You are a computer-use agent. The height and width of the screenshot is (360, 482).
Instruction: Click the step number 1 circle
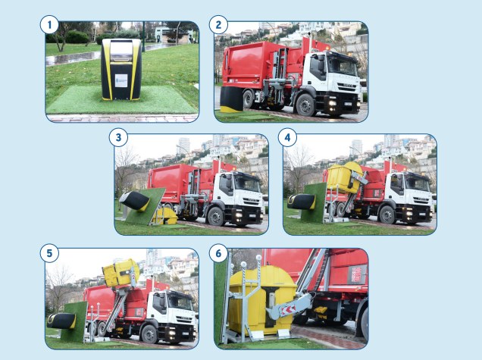tap(49, 24)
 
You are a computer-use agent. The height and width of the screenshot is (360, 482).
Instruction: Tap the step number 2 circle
tap(218, 24)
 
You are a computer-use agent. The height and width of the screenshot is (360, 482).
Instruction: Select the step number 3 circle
tap(118, 137)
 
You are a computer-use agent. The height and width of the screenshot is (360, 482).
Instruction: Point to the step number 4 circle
tap(287, 137)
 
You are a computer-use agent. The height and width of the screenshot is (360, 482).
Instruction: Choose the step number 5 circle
tap(49, 253)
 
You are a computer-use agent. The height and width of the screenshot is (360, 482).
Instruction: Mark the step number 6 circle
tap(218, 253)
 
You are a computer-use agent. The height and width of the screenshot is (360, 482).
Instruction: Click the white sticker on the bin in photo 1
tap(121, 80)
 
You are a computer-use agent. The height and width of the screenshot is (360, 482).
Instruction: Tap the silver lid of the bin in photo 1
tap(121, 51)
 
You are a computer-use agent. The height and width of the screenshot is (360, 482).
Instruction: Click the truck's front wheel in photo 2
tap(305, 105)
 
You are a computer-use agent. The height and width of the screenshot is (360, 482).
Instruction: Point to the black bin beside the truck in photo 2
tap(231, 99)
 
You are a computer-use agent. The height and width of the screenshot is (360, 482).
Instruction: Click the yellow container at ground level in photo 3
tap(166, 216)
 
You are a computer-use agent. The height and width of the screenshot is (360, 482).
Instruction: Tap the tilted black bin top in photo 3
tap(134, 201)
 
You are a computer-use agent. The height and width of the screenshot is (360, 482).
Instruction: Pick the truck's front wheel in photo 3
tap(216, 217)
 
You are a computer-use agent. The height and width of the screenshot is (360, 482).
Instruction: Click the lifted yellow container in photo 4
tap(345, 177)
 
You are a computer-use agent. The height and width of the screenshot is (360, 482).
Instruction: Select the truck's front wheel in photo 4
tap(387, 214)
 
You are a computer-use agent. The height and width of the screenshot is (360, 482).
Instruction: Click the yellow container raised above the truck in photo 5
tap(121, 272)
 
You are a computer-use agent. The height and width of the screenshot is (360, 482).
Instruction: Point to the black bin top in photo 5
tap(61, 321)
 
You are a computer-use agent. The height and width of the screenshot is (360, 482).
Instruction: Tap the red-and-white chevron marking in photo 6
tap(288, 310)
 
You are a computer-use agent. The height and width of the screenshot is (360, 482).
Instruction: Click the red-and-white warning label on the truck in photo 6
tap(356, 274)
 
